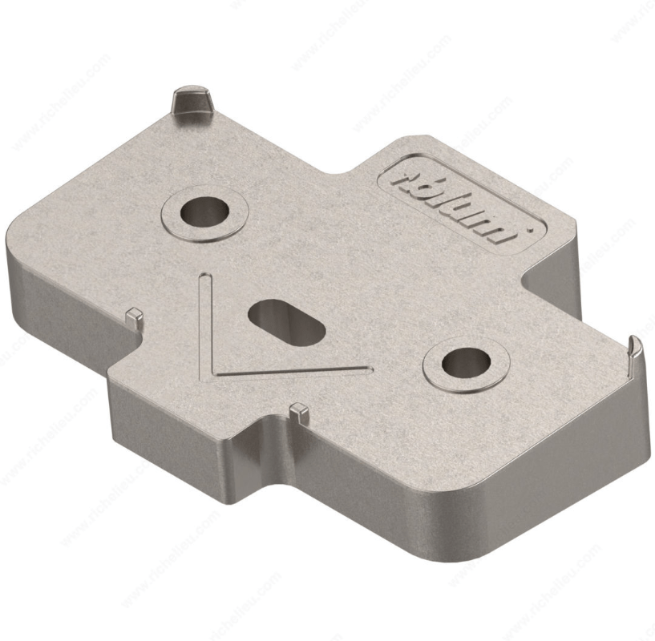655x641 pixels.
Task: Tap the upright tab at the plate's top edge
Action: coord(192,103)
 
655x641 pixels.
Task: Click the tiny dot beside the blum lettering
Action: coord(529,228)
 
